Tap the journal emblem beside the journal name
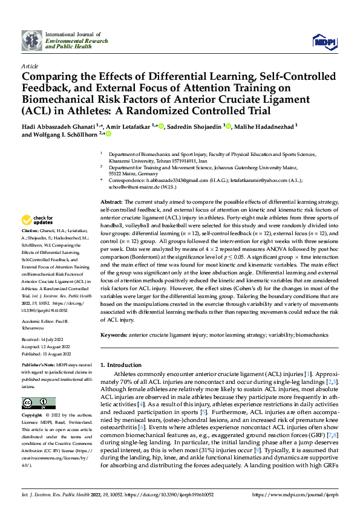click(x=31, y=41)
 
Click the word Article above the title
click(x=30, y=66)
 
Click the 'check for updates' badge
click(x=38, y=220)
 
